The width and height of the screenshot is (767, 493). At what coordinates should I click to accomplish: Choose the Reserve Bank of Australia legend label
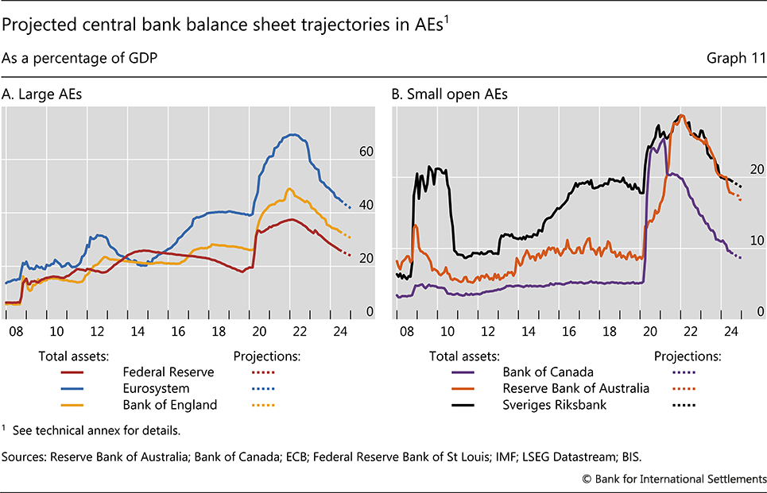click(575, 388)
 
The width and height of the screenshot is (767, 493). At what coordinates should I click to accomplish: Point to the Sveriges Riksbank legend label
click(553, 405)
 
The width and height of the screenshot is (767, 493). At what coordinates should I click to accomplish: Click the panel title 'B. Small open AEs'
click(449, 94)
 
